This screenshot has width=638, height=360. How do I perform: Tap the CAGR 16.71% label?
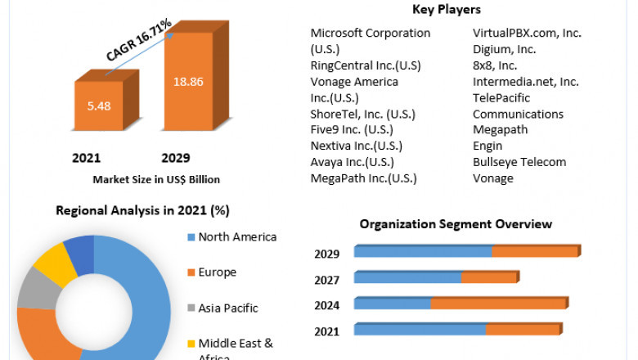[x=138, y=41]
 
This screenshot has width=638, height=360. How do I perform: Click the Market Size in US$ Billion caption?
[x=156, y=179]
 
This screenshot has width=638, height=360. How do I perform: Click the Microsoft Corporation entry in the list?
[x=370, y=33]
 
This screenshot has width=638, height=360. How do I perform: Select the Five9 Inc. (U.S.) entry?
[x=351, y=129]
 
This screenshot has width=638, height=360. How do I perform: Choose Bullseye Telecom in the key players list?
[x=519, y=162]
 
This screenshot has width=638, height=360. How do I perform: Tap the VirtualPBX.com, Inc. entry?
[x=527, y=33]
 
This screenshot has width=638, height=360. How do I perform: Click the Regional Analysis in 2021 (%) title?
[x=142, y=210]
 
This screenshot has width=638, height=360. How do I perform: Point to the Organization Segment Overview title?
[x=456, y=224]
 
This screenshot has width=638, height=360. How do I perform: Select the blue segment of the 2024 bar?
[x=393, y=304]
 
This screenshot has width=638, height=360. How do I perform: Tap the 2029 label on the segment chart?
[x=326, y=254]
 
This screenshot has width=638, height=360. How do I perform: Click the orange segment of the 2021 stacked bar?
[x=523, y=330]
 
